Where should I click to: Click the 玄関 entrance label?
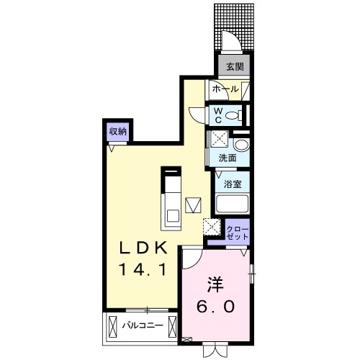pyautogui.click(x=233, y=67)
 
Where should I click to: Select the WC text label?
pyautogui.click(x=217, y=115)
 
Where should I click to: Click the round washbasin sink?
pyautogui.click(x=241, y=145)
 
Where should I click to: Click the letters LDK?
pyautogui.click(x=143, y=248)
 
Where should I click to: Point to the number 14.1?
pyautogui.click(x=143, y=271)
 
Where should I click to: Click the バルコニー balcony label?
pyautogui.click(x=141, y=325)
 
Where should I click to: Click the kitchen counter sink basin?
pyautogui.click(x=173, y=212)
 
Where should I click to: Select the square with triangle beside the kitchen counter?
pyautogui.click(x=192, y=204)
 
